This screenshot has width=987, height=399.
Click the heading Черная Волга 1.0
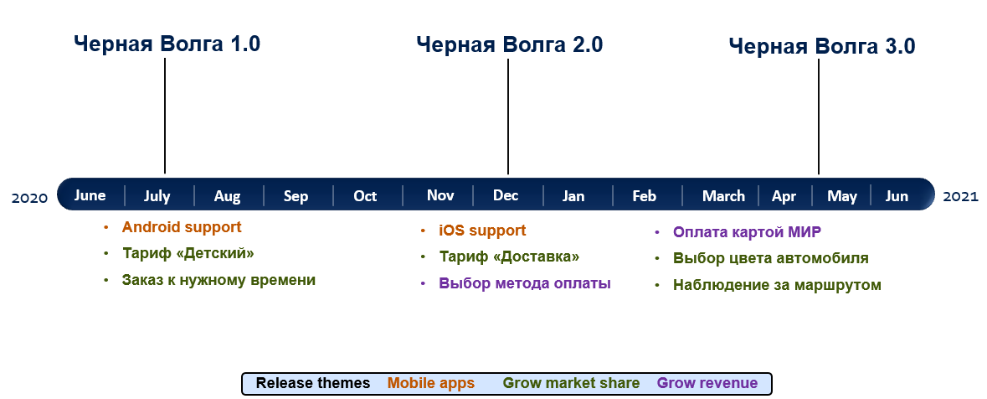(x=167, y=44)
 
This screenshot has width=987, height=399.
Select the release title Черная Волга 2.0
(x=509, y=44)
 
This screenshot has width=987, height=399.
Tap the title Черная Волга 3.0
(x=822, y=46)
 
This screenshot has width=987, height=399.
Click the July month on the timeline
(x=157, y=196)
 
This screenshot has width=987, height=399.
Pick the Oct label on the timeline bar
(x=365, y=196)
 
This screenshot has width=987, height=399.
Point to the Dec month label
(x=506, y=195)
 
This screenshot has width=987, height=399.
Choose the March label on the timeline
(x=723, y=196)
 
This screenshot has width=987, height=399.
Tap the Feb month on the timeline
(x=644, y=196)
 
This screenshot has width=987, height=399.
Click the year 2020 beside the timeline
(x=29, y=198)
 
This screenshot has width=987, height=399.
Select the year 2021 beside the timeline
(x=960, y=197)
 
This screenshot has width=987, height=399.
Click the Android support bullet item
(x=182, y=227)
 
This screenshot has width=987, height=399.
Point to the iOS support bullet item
(x=482, y=231)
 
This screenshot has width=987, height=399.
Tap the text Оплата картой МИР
(x=748, y=232)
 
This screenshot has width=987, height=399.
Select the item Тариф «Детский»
(x=188, y=253)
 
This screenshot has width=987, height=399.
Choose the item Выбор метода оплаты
(x=525, y=283)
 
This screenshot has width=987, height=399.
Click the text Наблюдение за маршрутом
(x=777, y=285)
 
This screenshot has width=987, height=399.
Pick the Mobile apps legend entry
(x=431, y=383)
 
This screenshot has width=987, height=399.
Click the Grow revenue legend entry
(x=707, y=383)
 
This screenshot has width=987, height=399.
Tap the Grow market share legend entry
(x=572, y=383)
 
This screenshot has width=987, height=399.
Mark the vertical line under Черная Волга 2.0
(x=508, y=117)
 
